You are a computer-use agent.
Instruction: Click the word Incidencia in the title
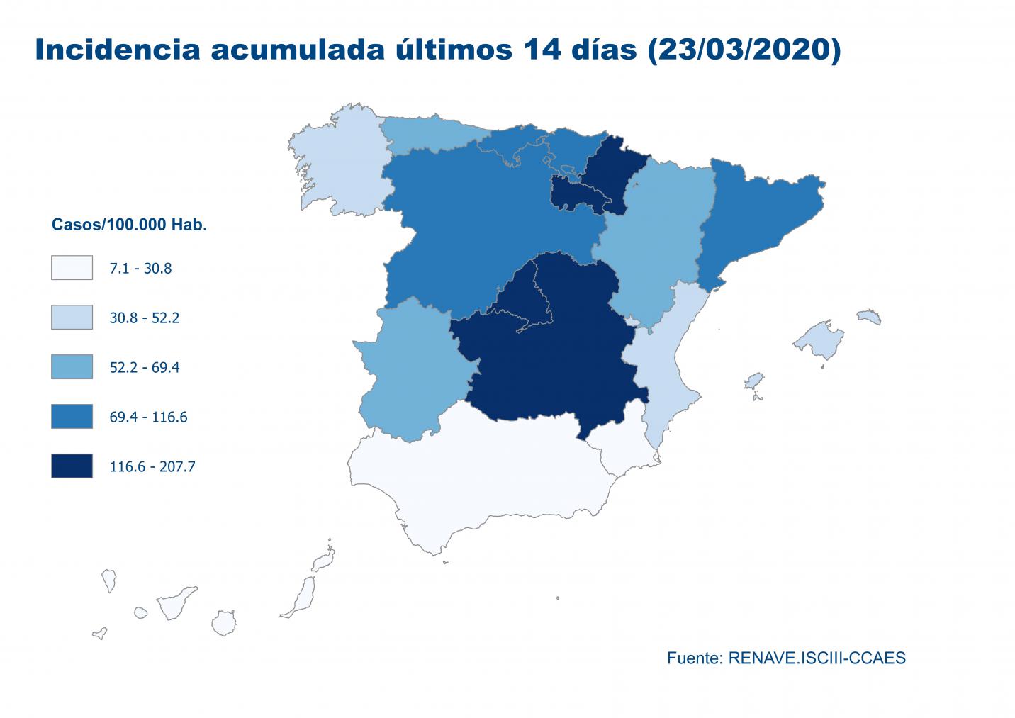point(118,50)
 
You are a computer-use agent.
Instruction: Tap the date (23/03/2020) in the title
point(744,51)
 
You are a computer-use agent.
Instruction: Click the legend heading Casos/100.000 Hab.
point(129,225)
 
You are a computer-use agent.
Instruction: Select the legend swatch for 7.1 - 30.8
point(72,267)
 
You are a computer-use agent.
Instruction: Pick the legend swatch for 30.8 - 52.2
point(72,317)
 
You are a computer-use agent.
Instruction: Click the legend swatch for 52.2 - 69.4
point(72,366)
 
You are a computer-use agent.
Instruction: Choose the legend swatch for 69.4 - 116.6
point(72,416)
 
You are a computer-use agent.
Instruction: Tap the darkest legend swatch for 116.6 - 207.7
point(72,466)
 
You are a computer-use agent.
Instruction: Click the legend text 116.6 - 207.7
point(152,466)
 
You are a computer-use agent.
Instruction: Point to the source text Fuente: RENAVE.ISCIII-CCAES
point(786,658)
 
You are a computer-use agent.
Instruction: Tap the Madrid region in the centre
point(521,299)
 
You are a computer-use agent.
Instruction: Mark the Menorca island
point(869,317)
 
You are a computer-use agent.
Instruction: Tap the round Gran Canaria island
point(224,623)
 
